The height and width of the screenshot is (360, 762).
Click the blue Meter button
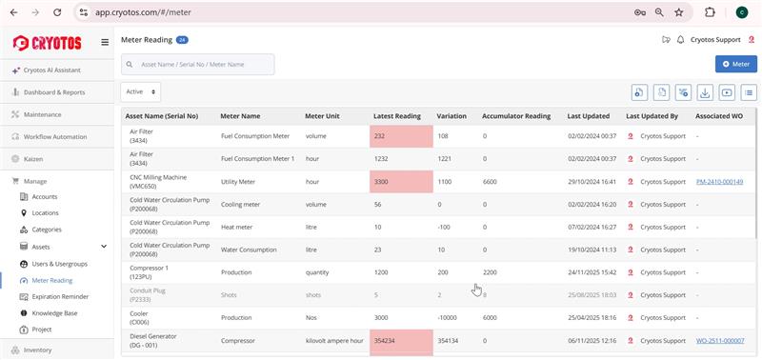735,64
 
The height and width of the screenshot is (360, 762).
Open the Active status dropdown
141,91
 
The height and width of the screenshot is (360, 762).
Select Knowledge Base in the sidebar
55,312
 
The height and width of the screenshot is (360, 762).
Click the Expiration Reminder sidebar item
60,296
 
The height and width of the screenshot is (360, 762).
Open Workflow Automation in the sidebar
55,136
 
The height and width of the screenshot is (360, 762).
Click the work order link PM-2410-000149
719,181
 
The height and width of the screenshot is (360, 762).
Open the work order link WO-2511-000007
719,340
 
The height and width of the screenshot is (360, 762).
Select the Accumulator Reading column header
516,116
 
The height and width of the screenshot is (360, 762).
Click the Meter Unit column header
322,116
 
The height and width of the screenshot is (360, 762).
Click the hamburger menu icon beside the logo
105,42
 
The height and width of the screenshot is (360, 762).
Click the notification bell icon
680,40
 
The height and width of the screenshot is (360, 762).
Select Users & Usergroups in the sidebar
59,263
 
